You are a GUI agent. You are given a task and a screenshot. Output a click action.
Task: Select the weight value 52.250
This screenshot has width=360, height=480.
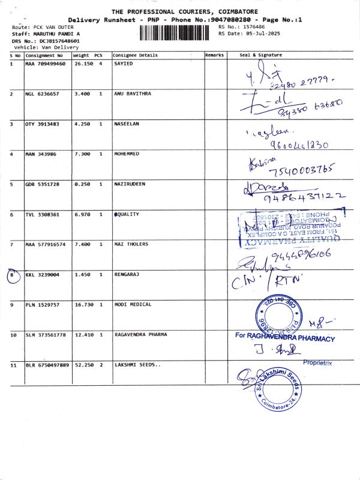81,365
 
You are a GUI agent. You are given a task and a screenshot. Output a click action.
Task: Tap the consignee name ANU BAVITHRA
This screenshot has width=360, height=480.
133,94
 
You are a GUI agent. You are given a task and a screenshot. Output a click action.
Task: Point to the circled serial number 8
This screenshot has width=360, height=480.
13,275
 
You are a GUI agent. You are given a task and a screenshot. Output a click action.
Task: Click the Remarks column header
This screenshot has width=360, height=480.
214,55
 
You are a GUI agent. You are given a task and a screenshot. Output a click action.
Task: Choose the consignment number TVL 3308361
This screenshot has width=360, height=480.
42,214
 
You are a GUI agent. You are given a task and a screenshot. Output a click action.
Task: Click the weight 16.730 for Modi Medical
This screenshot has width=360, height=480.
81,305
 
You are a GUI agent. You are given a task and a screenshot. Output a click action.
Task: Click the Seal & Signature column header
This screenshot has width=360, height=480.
260,55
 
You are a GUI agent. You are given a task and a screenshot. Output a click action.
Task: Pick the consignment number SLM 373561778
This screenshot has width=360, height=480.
47,335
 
